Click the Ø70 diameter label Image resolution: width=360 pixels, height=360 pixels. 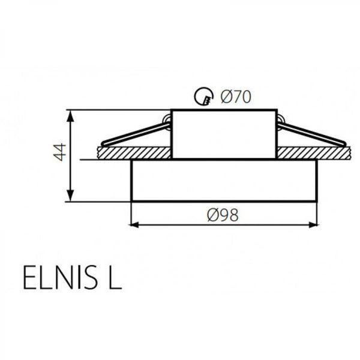click(236, 97)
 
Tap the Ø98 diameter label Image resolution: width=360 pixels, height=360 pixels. click(223, 215)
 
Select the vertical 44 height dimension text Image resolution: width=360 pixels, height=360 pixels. click(59, 152)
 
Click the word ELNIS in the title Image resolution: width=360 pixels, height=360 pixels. click(59, 277)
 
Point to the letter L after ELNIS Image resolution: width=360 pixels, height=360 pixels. click(115, 277)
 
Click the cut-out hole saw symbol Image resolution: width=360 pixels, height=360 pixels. click(204, 97)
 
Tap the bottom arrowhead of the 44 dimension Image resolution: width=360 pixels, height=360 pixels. click(71, 196)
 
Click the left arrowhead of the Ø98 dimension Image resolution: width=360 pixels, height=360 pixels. click(135, 225)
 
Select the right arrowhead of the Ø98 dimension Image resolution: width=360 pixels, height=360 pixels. click(313, 225)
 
